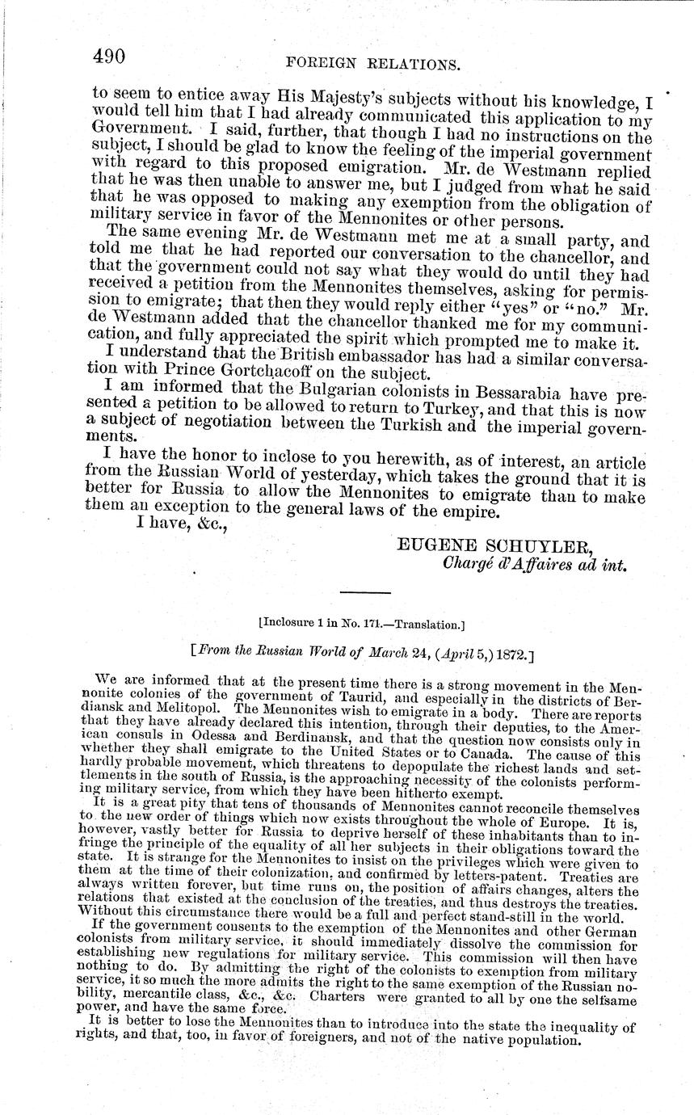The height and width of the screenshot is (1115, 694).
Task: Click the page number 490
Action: [108, 56]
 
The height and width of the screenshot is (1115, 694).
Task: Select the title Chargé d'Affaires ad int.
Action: [536, 565]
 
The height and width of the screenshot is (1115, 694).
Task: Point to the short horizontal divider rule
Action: [365, 594]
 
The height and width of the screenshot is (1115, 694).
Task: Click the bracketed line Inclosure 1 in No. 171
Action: [360, 624]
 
